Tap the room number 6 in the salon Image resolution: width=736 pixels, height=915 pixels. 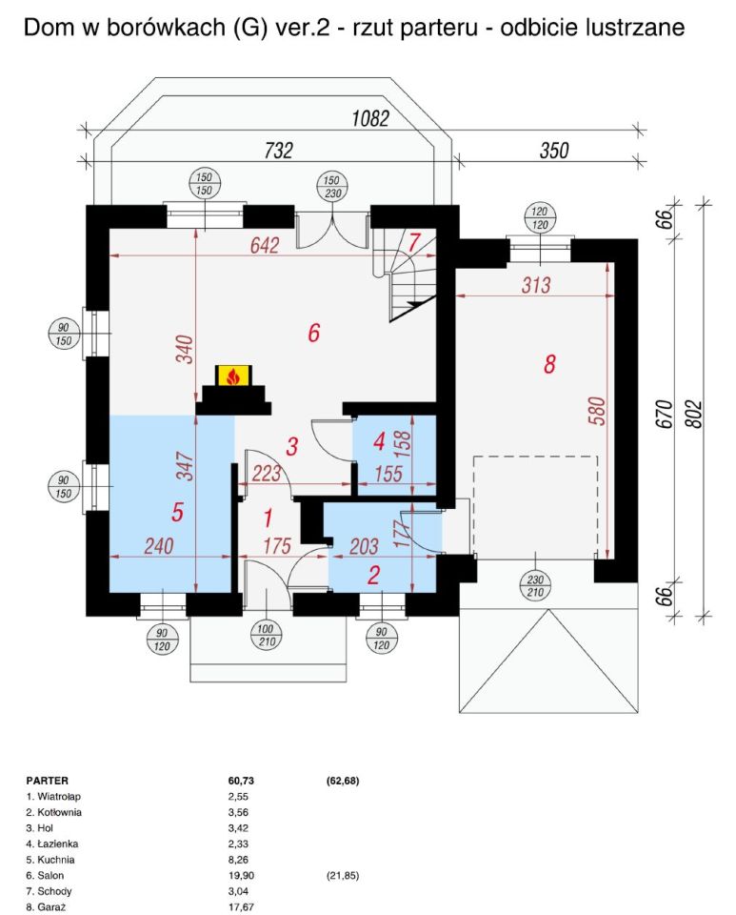(x=313, y=333)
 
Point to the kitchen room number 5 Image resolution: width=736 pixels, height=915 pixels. (x=177, y=512)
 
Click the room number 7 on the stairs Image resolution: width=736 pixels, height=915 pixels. (x=413, y=241)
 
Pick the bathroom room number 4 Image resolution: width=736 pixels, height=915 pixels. (x=378, y=442)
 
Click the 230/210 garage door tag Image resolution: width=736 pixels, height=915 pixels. (x=538, y=584)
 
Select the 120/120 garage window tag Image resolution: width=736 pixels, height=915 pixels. (x=539, y=217)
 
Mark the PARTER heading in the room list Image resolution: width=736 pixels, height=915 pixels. (x=47, y=780)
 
